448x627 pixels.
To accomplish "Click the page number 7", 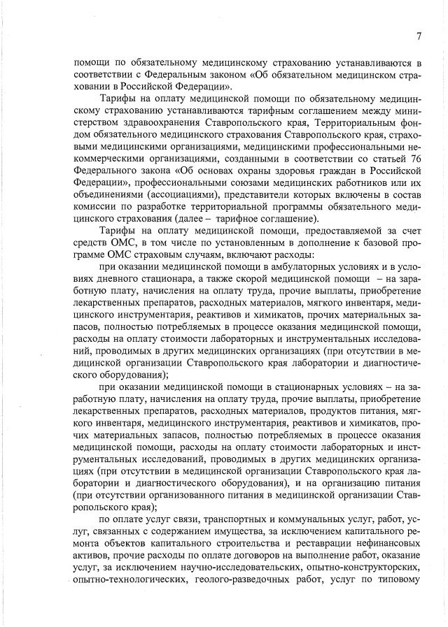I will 418,36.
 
